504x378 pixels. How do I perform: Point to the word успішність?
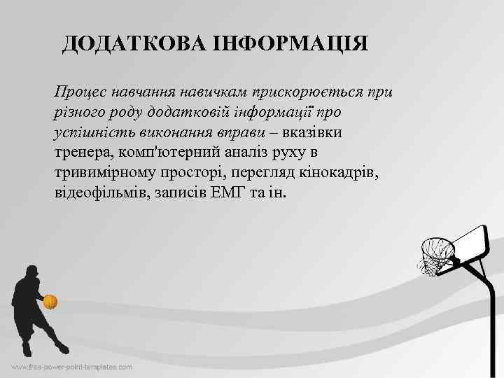pyautogui.click(x=92, y=132)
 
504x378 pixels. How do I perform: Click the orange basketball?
pyautogui.click(x=50, y=302)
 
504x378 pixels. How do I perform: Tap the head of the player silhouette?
pyautogui.click(x=31, y=271)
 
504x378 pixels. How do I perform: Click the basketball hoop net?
pyautogui.click(x=435, y=255)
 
